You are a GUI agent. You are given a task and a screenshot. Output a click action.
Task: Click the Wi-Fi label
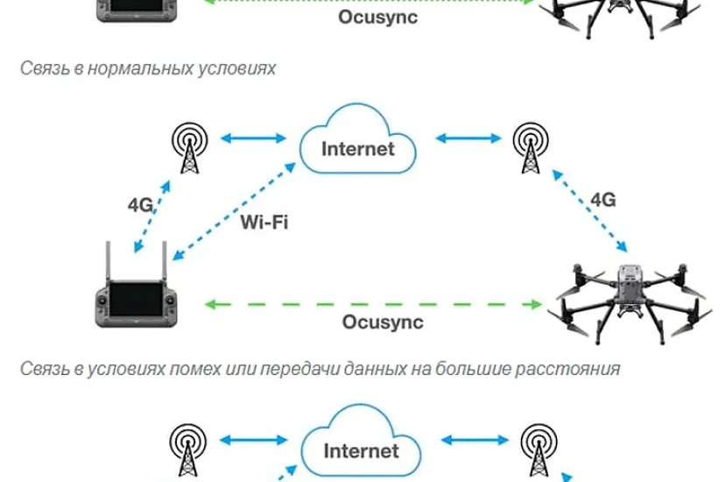[x=264, y=220]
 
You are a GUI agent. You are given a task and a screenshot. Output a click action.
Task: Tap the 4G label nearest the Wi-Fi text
[x=141, y=205]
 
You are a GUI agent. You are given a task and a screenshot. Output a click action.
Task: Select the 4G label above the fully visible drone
[x=602, y=200]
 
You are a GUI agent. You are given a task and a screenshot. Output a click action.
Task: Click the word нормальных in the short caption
[x=130, y=67]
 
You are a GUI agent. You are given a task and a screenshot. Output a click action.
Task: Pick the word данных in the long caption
[x=370, y=369]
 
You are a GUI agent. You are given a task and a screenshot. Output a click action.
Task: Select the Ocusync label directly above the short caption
[x=378, y=16]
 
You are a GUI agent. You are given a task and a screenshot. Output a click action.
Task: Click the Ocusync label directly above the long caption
[x=383, y=322]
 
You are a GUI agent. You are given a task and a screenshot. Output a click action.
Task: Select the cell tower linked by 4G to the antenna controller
[x=187, y=148]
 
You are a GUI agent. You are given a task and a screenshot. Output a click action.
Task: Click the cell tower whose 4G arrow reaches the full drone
[x=528, y=148]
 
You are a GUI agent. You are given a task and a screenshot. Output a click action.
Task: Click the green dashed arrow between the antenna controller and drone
[x=372, y=304]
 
